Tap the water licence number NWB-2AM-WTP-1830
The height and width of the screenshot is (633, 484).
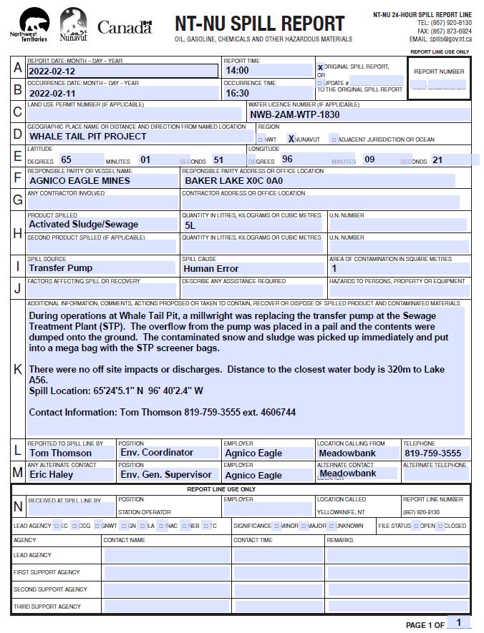294,114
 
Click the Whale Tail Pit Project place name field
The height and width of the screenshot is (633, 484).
88,137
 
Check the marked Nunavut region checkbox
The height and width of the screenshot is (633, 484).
291,139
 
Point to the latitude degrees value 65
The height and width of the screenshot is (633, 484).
67,160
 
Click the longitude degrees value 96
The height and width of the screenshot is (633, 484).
287,160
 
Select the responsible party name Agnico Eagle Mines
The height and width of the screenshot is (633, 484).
79,181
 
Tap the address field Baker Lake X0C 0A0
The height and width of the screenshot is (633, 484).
229,181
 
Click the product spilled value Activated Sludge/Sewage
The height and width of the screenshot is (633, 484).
83,225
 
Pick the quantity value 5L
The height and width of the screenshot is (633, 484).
190,225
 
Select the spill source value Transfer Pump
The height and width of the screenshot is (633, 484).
61,268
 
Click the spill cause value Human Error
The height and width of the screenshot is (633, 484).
211,269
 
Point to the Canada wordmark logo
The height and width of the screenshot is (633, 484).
125,27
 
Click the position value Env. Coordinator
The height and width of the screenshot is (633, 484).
156,453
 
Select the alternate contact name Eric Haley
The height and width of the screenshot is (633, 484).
51,475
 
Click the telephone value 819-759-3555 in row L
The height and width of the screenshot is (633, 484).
432,453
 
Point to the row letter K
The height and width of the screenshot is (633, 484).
18,369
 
